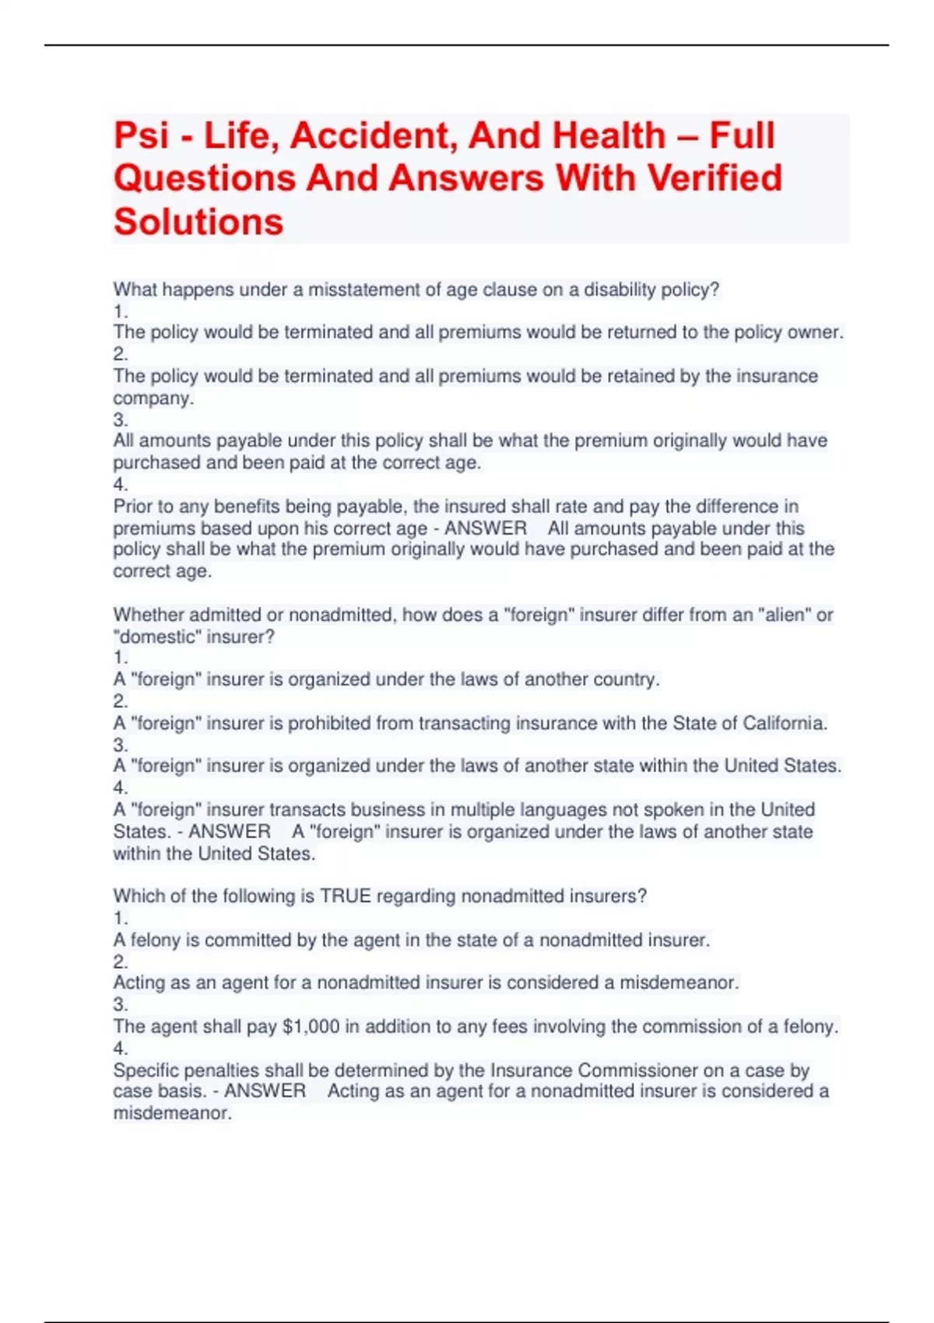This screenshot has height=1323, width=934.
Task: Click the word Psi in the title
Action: point(142,136)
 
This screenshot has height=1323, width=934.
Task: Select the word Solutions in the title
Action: point(198,222)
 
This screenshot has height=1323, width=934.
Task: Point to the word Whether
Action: point(149,615)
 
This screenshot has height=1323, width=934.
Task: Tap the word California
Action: point(784,723)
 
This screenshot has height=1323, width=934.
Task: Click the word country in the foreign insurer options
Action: point(625,679)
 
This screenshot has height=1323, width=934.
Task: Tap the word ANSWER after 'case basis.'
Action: point(265,1091)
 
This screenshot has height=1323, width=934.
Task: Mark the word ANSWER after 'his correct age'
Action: point(486,528)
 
